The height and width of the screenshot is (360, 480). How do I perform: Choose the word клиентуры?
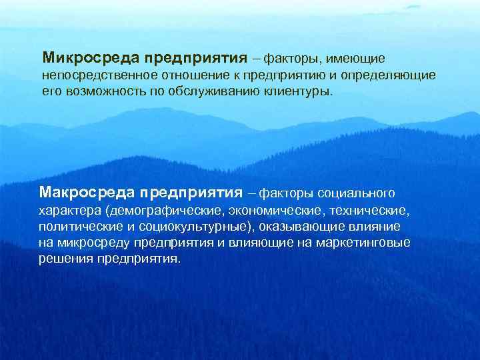301,91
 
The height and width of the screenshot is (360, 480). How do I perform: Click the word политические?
79,227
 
